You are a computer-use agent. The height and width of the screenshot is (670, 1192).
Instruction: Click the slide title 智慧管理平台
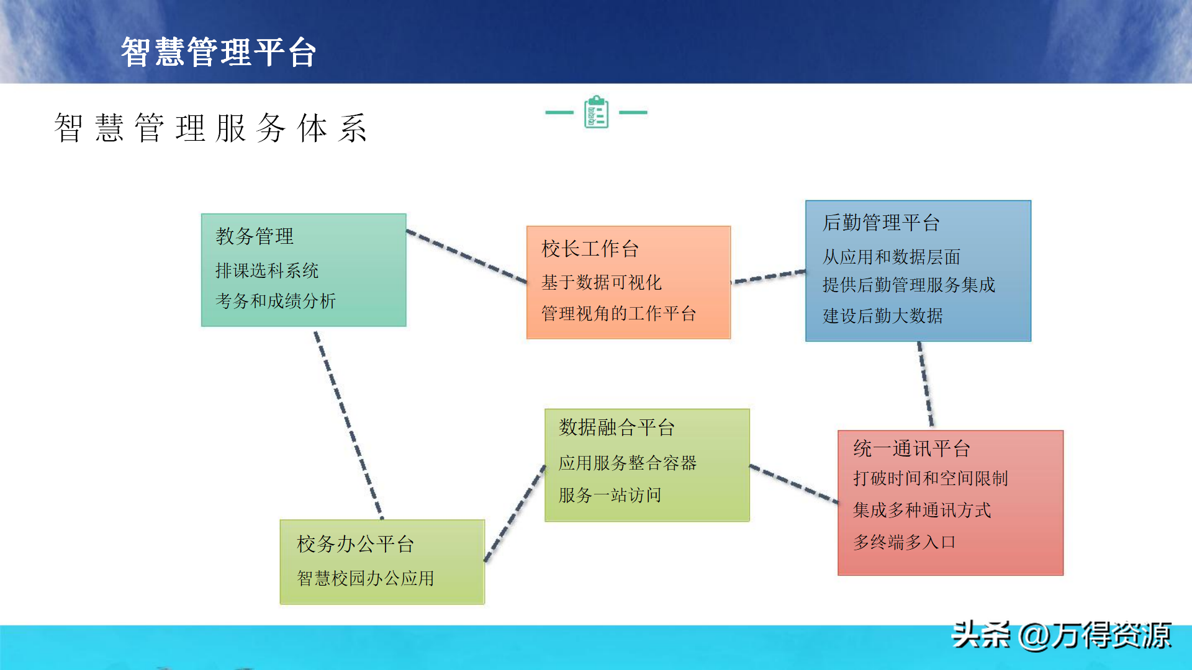219,51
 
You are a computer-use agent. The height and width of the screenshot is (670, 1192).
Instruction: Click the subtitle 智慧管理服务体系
211,128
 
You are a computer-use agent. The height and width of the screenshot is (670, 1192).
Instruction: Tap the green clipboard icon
596,112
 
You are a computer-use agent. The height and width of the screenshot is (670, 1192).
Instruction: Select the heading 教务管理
255,236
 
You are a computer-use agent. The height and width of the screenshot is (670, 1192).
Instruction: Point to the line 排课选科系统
267,270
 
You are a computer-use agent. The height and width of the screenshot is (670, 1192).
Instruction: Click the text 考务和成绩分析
276,301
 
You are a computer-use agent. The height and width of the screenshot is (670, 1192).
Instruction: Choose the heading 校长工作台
590,249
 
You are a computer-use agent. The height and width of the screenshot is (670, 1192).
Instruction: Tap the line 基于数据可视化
601,283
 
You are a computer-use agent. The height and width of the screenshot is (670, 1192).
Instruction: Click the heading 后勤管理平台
881,223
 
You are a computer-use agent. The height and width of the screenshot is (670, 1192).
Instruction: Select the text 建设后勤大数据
883,316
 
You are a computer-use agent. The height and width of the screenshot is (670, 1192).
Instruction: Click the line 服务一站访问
610,496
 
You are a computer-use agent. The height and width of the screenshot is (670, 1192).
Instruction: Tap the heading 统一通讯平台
911,449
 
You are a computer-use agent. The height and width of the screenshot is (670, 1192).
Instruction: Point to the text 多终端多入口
904,543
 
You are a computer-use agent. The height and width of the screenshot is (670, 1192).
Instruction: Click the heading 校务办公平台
355,545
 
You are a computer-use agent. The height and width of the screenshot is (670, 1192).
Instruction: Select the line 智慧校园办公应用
366,579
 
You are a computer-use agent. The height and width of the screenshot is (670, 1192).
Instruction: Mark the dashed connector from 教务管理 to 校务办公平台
348,425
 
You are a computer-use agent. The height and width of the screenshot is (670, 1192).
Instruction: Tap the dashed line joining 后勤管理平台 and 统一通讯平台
926,385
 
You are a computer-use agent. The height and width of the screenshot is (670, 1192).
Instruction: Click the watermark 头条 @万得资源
1061,635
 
